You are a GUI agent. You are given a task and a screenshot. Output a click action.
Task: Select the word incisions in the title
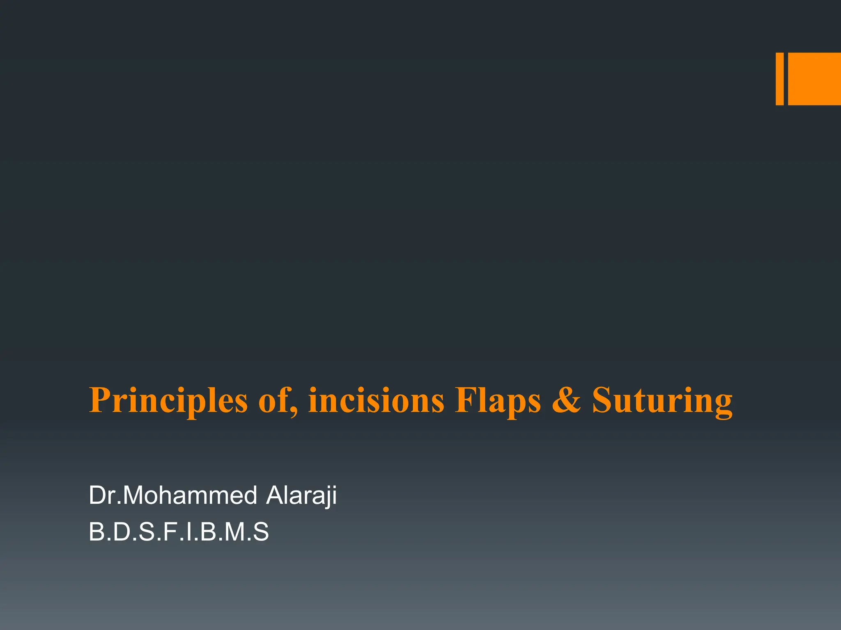376,401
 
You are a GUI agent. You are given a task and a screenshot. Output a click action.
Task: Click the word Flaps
498,401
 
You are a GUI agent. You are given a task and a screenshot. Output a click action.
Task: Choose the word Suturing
662,401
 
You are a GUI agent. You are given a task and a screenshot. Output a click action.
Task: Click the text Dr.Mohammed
173,495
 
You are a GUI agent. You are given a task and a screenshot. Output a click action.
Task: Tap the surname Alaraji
301,495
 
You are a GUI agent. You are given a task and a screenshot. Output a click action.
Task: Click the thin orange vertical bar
779,79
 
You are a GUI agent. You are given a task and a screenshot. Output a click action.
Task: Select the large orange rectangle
814,79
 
